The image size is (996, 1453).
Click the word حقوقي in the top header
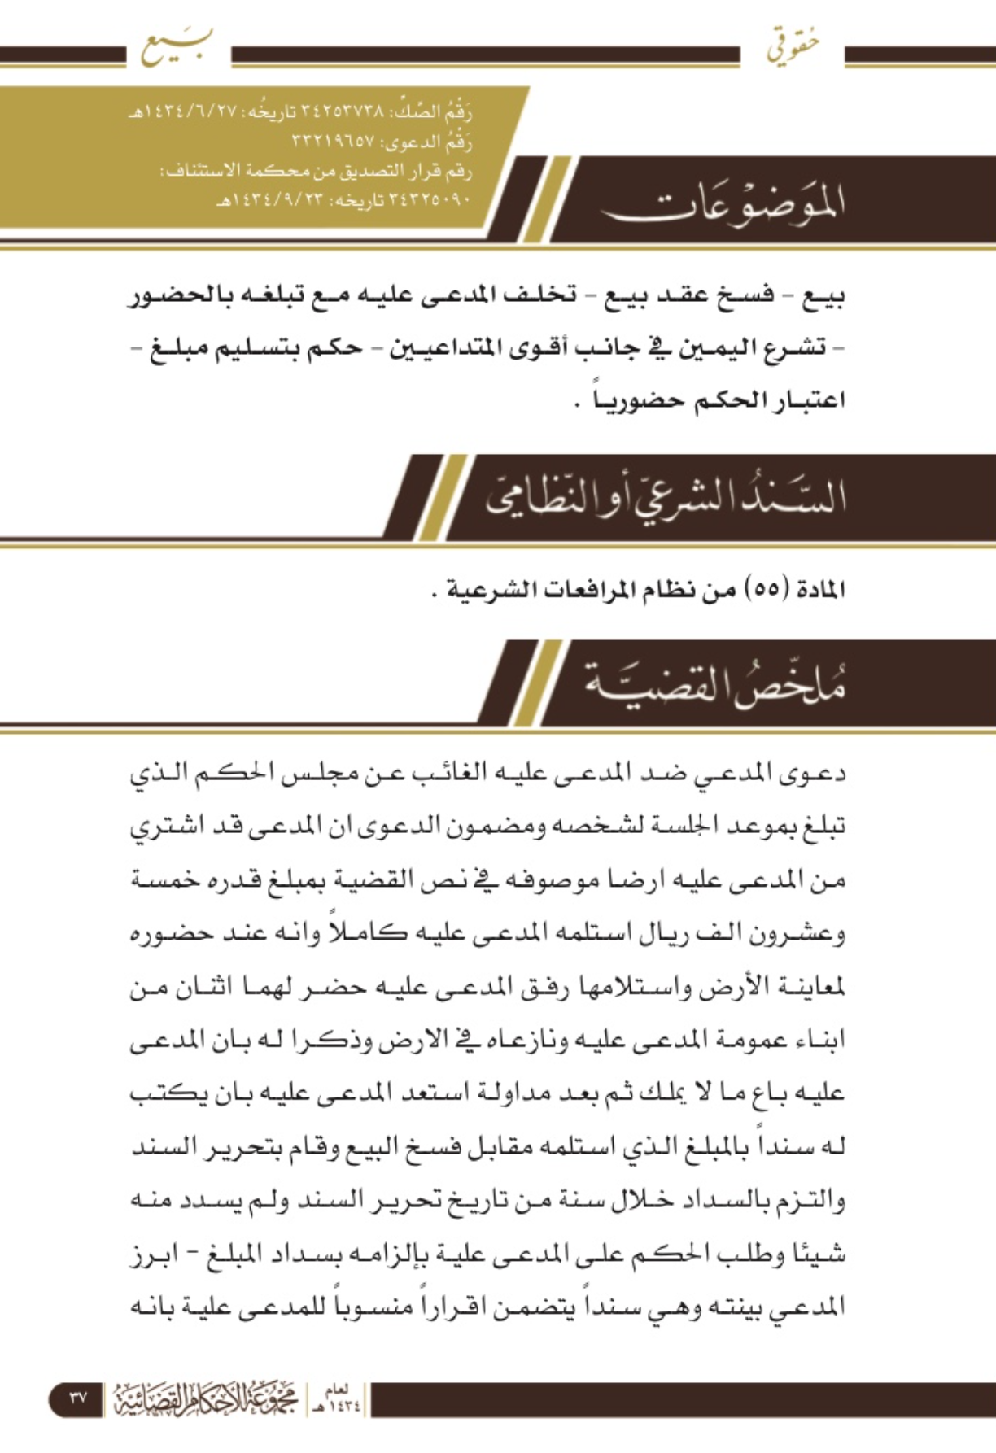click(791, 46)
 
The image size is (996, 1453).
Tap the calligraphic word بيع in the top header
click(177, 46)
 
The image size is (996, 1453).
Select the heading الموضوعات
click(723, 203)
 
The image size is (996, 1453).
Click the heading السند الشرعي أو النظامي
click(666, 498)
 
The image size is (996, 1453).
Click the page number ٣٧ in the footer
click(77, 1398)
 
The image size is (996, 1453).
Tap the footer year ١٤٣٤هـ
click(335, 1399)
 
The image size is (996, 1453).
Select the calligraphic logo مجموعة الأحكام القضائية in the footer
click(205, 1398)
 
